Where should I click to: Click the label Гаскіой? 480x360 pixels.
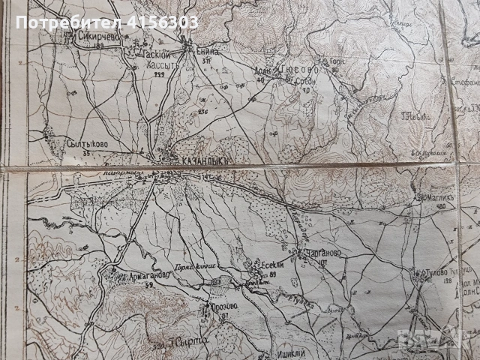[x=151, y=55]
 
